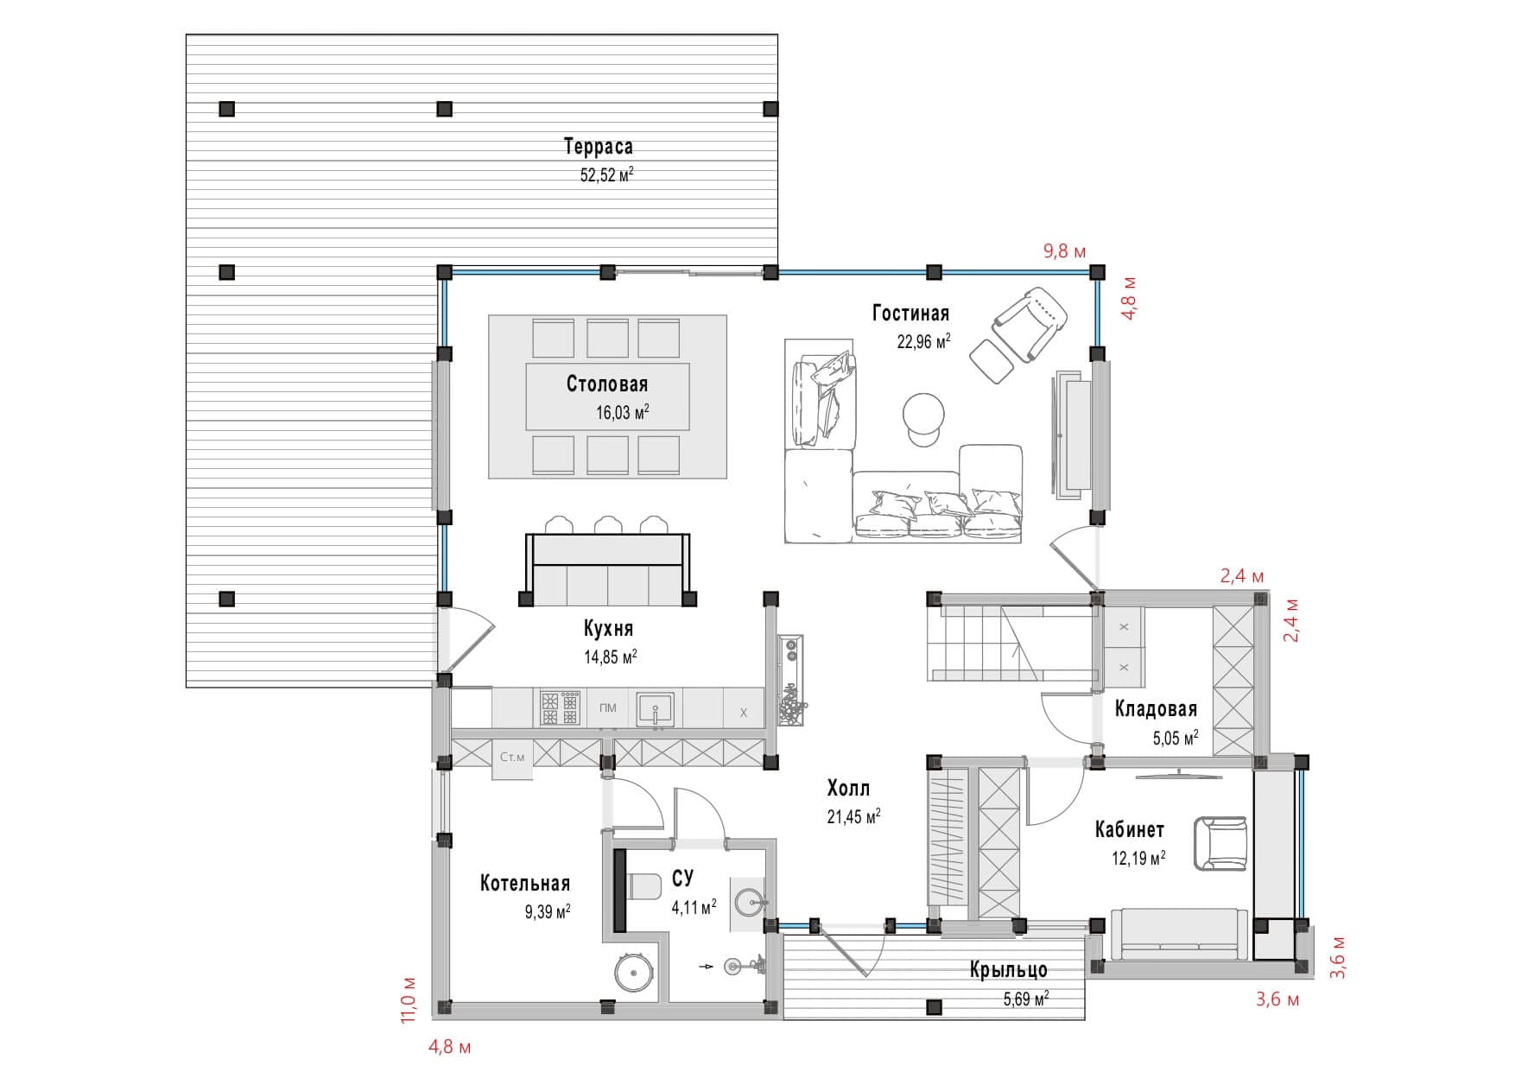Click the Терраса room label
(x=598, y=146)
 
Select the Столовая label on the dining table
(x=606, y=384)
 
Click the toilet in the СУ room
(x=643, y=886)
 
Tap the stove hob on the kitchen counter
(x=560, y=708)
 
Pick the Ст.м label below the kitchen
(x=511, y=758)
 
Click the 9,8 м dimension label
(x=1064, y=251)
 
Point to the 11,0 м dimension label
(x=409, y=1000)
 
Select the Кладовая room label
(x=1155, y=709)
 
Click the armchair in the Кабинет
(x=1220, y=843)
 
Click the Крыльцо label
(x=1008, y=971)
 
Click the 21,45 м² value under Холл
(x=853, y=816)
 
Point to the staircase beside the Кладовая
(x=985, y=644)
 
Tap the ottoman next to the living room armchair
(x=992, y=361)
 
